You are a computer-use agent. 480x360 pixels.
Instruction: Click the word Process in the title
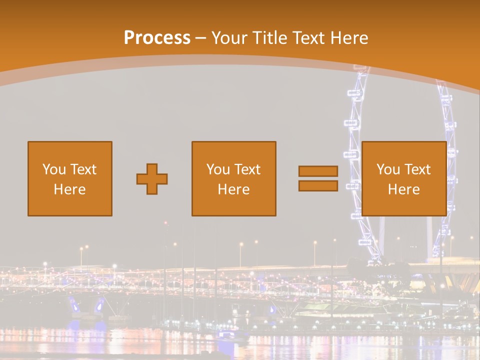pos(157,38)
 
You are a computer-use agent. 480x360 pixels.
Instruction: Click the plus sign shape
pos(152,179)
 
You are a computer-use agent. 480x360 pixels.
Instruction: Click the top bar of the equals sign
pos(318,171)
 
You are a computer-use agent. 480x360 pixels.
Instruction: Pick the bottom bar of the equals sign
pos(318,186)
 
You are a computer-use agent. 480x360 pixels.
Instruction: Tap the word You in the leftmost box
pos(53,169)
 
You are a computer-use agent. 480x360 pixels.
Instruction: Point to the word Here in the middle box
pos(234,189)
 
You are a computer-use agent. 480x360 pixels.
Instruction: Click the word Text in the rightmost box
pos(417,169)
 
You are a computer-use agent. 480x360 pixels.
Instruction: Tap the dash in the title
pos(201,38)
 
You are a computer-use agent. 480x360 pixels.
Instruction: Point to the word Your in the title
pos(229,38)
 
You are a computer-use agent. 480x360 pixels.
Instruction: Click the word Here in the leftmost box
pos(70,189)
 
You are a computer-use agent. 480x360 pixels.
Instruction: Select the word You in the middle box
pos(218,169)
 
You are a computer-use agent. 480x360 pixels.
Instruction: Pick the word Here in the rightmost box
pos(404,189)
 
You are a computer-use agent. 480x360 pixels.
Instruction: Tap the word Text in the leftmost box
pos(83,169)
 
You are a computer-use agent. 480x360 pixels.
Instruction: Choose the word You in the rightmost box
pos(388,169)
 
